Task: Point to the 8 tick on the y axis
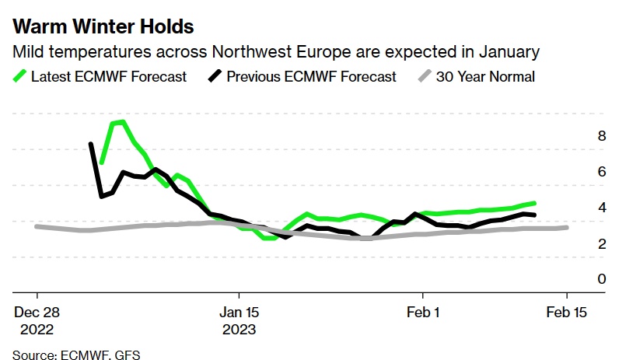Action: [579, 135]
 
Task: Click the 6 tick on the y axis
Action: [579, 172]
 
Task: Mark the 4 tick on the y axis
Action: [579, 208]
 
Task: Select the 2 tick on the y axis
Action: [579, 243]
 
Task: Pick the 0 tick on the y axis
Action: [579, 278]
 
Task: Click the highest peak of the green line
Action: [122, 121]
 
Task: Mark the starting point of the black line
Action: [91, 144]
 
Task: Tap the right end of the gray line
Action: [566, 227]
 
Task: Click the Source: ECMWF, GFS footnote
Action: [76, 355]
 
